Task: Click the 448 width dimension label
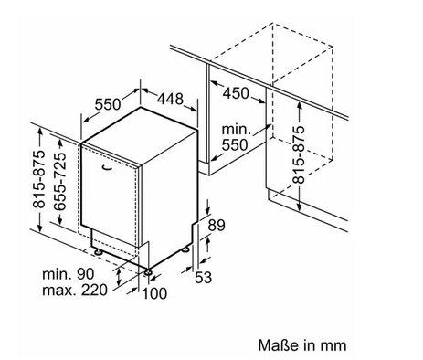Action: pos(171,99)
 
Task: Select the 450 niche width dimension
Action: pos(236,93)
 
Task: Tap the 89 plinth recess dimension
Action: pos(217,226)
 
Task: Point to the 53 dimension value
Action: pos(203,277)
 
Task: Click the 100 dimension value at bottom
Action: pos(154,293)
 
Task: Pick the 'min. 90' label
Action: pos(69,274)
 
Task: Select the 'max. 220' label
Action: pos(75,290)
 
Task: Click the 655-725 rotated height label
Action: pos(59,182)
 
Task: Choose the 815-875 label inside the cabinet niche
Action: pos(299,154)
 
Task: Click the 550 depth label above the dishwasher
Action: pos(108,104)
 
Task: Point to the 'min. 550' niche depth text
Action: pos(235,138)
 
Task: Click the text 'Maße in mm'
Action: pos(302,345)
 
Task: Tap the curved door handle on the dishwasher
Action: pos(107,167)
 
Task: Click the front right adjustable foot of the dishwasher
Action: pos(148,271)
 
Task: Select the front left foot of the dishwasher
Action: pos(99,251)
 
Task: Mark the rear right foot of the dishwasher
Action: pos(185,249)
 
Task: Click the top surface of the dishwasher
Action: pos(141,136)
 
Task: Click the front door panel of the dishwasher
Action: pos(111,195)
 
